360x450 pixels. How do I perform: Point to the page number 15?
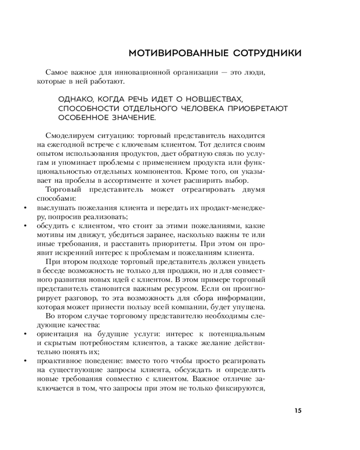tap(298, 410)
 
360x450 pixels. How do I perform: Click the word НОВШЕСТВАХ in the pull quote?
tap(217, 99)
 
